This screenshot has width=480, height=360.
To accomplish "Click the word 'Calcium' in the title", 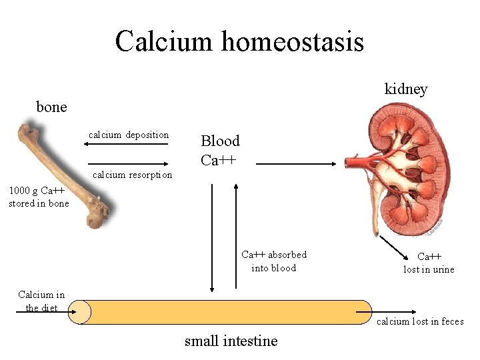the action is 164,41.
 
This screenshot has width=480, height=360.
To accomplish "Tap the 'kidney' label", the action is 405,89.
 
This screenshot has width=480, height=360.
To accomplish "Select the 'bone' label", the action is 51,107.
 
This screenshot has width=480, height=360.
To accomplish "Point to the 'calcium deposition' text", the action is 129,135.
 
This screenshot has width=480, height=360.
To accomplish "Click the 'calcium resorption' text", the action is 132,175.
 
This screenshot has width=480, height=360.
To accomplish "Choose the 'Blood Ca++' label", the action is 220,150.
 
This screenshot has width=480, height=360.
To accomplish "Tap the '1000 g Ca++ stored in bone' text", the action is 39,197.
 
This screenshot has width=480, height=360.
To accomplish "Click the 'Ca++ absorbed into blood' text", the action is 273,261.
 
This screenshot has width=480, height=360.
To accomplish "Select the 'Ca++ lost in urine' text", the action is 429,263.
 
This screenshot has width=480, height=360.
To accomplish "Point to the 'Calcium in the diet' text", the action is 41,301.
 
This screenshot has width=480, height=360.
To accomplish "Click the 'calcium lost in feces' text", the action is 420,321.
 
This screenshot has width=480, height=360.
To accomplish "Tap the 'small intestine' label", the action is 231,341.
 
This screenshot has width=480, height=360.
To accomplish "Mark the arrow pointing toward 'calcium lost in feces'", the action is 394,311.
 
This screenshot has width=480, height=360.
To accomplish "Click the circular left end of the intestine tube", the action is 80,311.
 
